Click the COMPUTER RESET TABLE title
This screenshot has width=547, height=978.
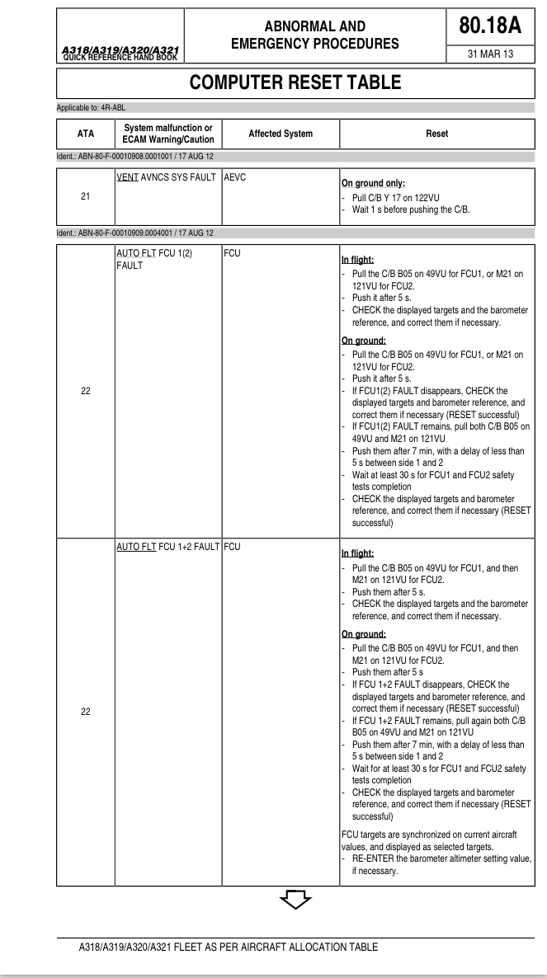click(x=295, y=82)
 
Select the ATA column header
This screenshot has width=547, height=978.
click(x=86, y=134)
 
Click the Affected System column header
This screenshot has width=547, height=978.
click(x=281, y=134)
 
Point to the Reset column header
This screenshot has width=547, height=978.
click(x=436, y=134)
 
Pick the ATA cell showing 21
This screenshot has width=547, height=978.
click(x=86, y=196)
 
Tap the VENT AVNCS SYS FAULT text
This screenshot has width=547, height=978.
click(x=166, y=178)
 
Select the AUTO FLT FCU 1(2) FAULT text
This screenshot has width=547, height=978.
click(x=154, y=259)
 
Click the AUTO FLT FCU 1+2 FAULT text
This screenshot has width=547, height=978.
click(x=168, y=547)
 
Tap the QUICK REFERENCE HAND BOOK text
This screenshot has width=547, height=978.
click(x=120, y=58)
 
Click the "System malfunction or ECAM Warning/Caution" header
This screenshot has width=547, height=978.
click(x=168, y=134)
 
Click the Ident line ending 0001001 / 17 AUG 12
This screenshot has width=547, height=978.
click(x=137, y=156)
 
